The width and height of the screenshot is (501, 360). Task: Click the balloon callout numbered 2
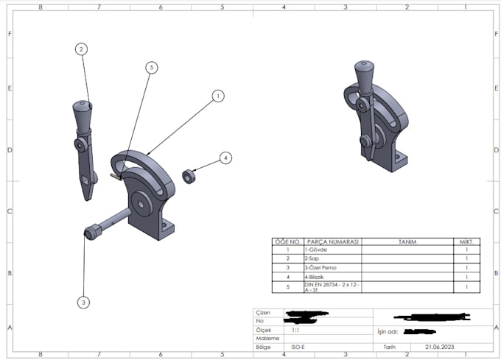click(81, 49)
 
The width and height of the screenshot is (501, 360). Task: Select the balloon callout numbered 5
click(151, 67)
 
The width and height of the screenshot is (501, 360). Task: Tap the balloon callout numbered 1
click(217, 96)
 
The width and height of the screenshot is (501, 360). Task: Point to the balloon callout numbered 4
click(225, 157)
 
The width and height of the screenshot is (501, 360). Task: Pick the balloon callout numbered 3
click(83, 302)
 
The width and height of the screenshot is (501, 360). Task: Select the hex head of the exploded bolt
click(91, 233)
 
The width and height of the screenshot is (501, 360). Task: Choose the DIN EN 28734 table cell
click(332, 286)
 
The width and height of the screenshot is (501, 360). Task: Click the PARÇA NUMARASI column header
click(332, 241)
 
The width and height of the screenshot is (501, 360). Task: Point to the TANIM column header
click(407, 241)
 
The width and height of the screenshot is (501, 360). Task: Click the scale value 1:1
click(296, 331)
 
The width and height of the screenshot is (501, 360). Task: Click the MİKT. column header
click(466, 241)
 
